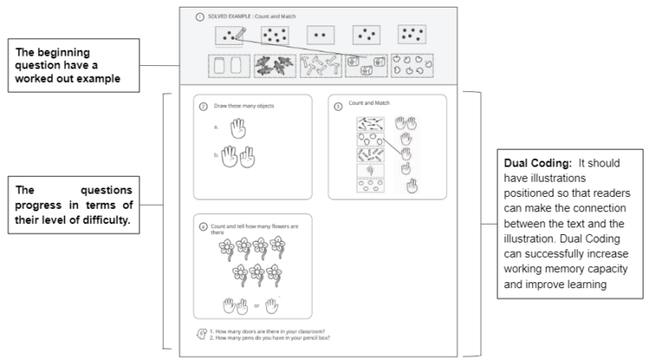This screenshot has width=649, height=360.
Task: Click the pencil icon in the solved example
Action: click(237, 34)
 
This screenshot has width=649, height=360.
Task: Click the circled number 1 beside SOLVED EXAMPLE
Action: click(199, 15)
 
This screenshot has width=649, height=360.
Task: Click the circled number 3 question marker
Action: click(338, 106)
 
